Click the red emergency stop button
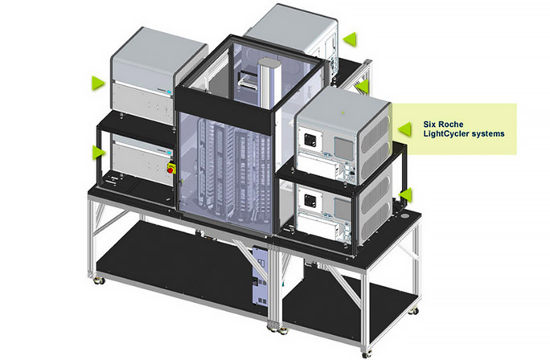(x=170, y=169)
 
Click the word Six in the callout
(x=430, y=125)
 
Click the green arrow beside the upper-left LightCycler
(x=97, y=82)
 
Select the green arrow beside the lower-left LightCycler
(x=97, y=151)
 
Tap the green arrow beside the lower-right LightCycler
(x=406, y=194)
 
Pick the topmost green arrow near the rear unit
(x=348, y=38)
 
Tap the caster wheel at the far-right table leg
(x=415, y=309)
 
